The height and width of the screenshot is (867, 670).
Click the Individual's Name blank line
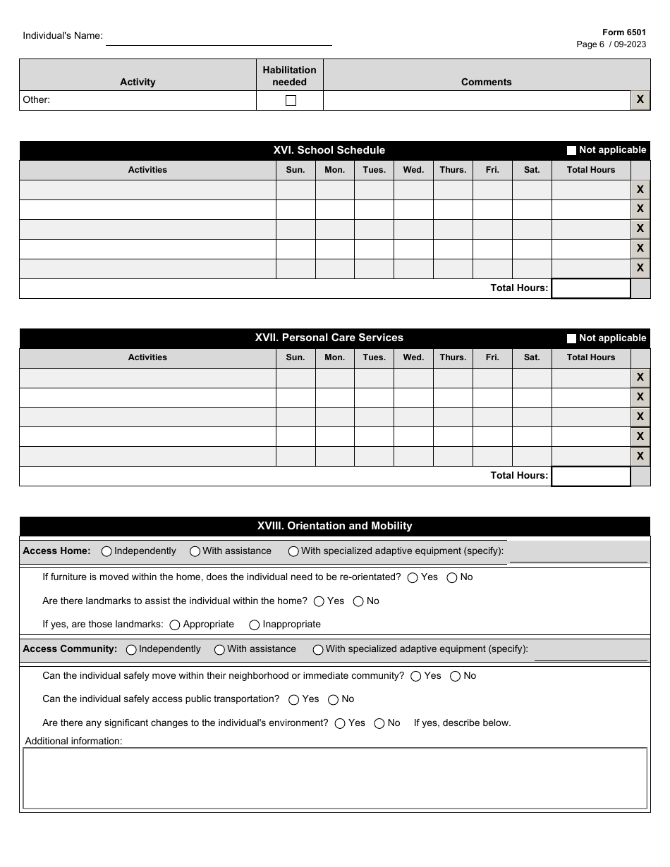219,38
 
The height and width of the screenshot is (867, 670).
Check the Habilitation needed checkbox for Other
291,100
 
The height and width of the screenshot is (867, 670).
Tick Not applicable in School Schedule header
571,150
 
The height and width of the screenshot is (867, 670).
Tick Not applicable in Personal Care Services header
571,338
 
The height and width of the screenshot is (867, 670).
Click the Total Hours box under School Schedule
590,288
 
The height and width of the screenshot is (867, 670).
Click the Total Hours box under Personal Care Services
590,476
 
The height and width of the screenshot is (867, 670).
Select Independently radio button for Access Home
106,552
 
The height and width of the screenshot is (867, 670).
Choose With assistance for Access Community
219,650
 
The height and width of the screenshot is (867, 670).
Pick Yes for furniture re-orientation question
413,578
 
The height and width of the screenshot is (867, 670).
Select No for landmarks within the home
358,602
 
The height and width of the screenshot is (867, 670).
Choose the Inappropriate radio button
255,625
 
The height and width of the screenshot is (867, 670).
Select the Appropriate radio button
175,625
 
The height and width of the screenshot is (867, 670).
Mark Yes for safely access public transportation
294,700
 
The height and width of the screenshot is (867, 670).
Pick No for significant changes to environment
379,724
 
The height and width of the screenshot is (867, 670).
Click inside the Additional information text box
334,778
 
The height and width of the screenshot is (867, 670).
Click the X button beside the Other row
640,100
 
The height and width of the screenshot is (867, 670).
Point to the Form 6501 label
623,32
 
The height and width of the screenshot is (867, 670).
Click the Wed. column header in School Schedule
413,170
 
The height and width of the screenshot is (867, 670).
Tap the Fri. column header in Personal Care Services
492,357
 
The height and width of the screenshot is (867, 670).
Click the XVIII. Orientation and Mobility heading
334,526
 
